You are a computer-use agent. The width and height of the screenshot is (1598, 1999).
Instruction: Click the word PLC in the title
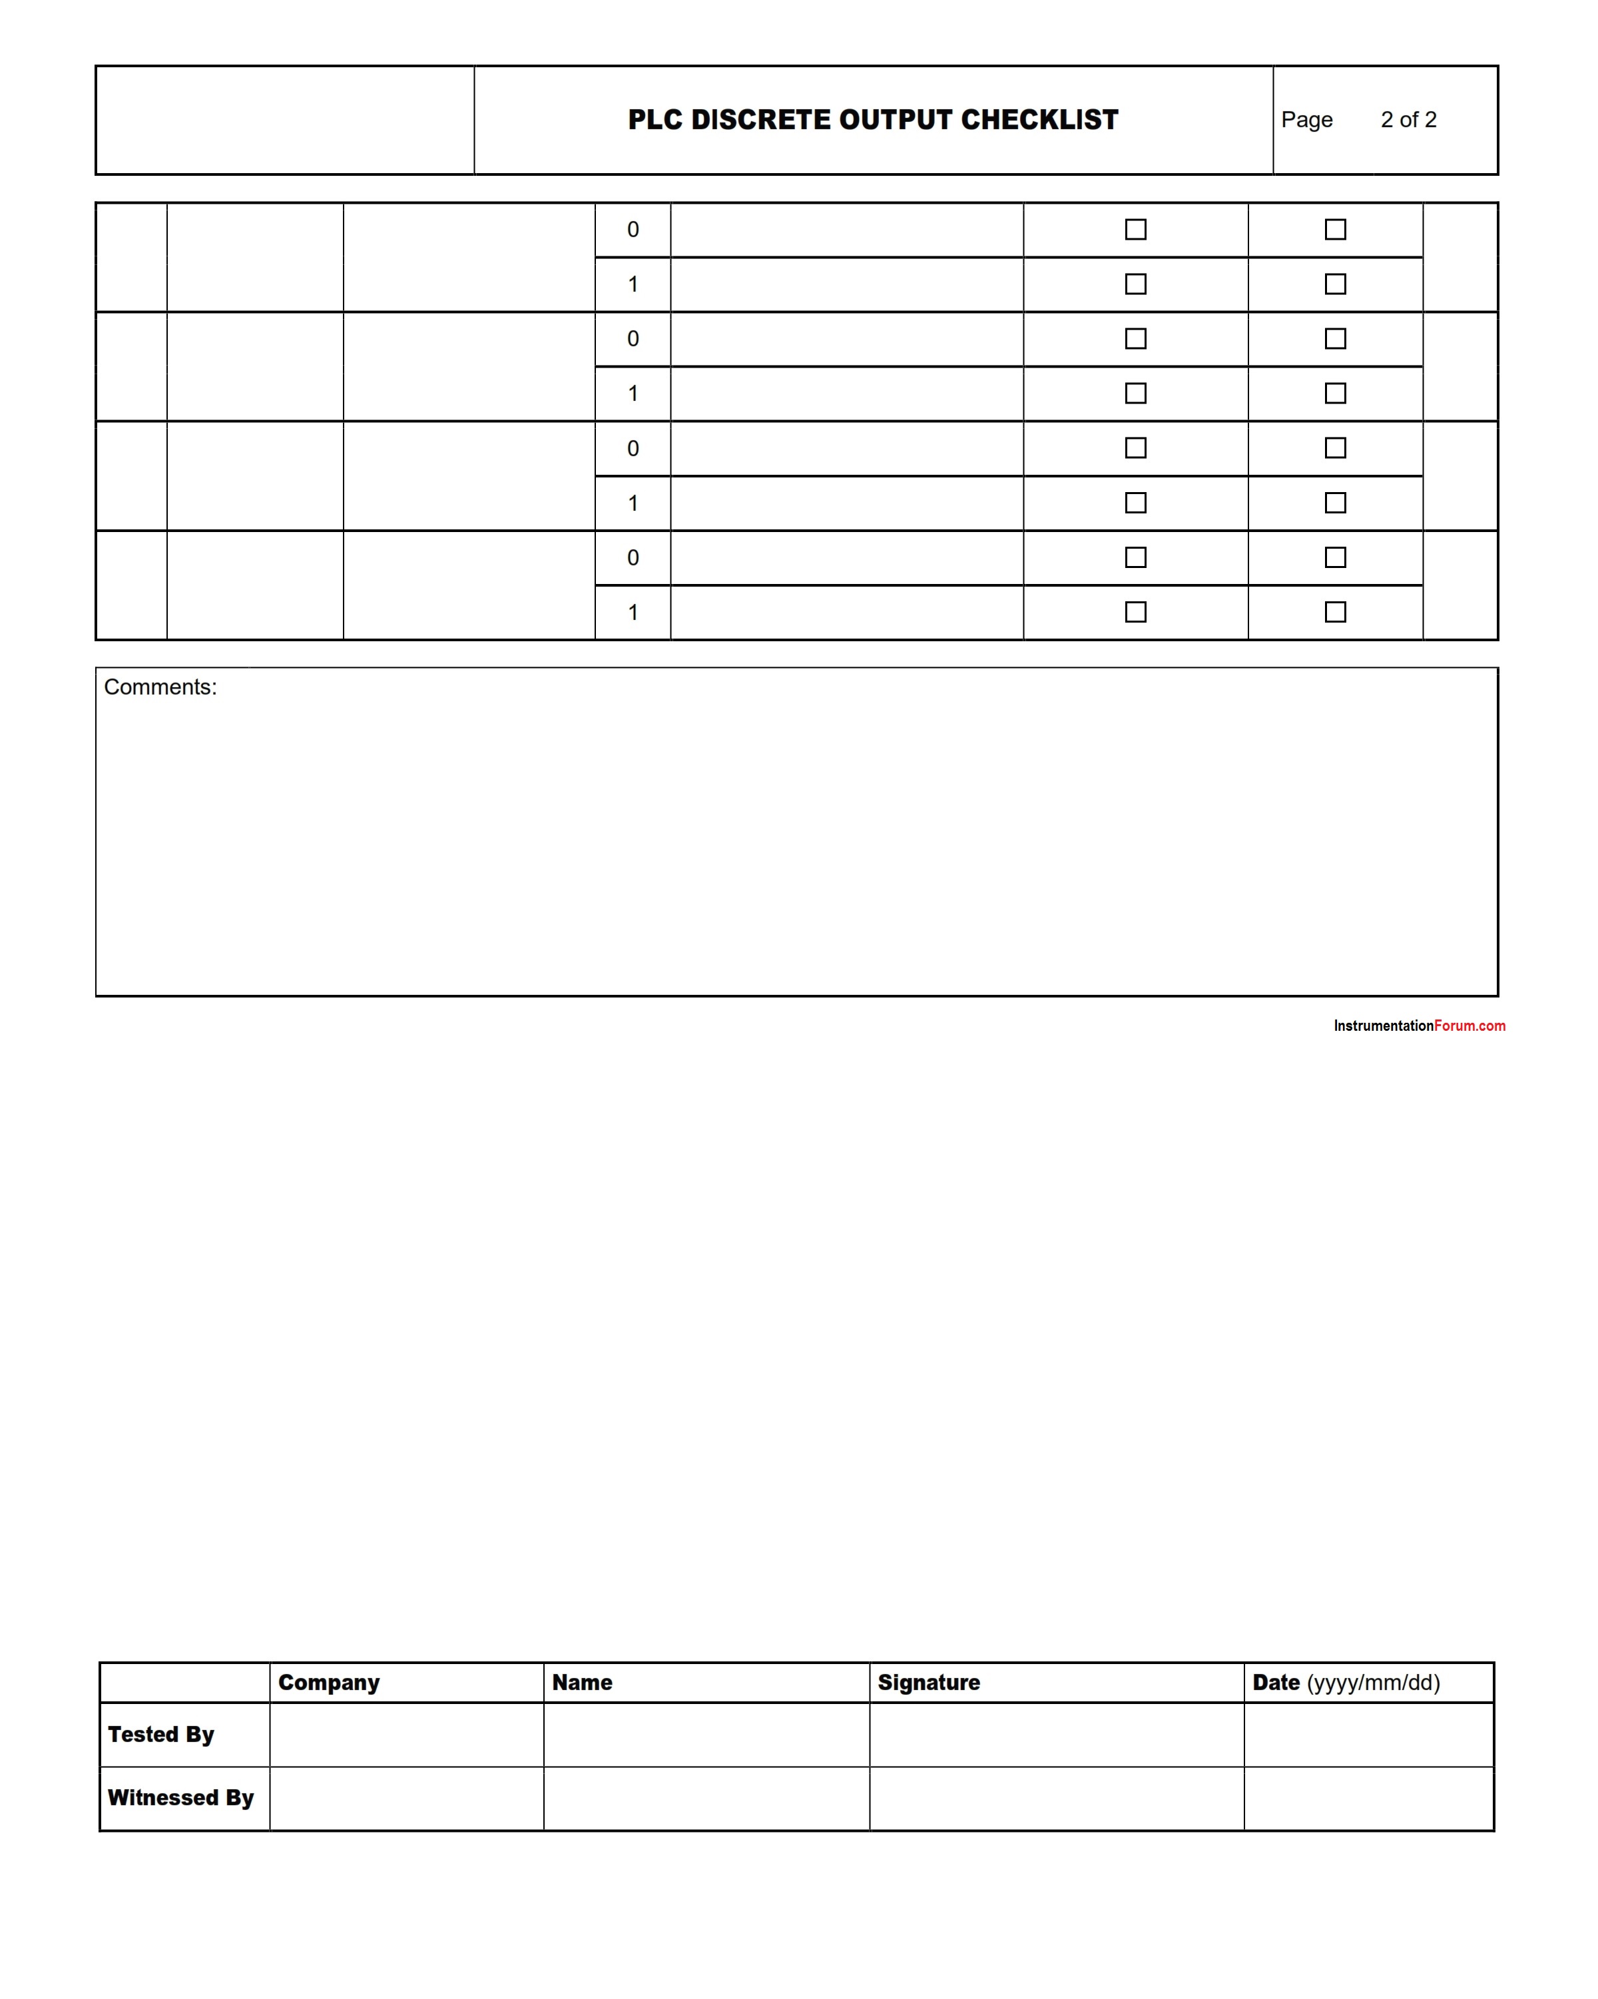(x=655, y=120)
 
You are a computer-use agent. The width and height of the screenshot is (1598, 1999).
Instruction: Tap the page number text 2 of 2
(x=1408, y=120)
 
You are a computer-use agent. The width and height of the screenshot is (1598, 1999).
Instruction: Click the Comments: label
(x=160, y=687)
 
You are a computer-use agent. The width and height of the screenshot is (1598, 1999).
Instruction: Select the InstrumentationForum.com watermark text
(x=1419, y=1025)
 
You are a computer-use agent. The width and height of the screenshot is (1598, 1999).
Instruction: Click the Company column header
(x=329, y=1683)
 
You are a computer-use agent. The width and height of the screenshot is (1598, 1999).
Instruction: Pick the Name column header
(x=582, y=1683)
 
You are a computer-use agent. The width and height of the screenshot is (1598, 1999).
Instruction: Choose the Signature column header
(x=929, y=1683)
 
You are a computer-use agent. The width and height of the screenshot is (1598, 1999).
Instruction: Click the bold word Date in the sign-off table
(x=1276, y=1683)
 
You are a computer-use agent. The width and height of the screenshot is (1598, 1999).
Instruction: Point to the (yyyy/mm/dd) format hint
(x=1373, y=1683)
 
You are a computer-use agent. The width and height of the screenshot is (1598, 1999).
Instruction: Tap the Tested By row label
(x=161, y=1735)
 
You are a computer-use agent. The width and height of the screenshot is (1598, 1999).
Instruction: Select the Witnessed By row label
(x=180, y=1798)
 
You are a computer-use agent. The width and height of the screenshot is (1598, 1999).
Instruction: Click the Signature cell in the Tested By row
(x=1057, y=1735)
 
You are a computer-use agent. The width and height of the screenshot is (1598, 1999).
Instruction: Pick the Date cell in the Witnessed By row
(x=1368, y=1799)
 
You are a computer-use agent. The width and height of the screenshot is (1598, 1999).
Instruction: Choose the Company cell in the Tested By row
(x=406, y=1735)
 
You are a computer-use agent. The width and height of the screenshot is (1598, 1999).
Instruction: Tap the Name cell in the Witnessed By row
(x=706, y=1799)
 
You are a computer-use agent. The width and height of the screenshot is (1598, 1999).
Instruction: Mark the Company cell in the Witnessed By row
(x=406, y=1799)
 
